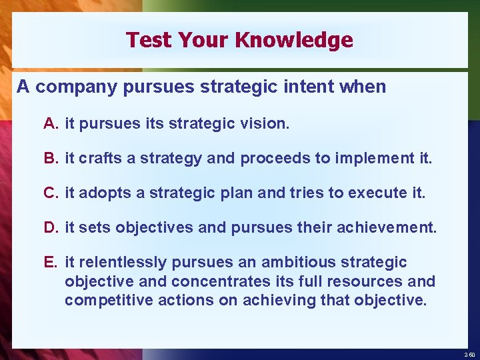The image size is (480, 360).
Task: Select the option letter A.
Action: [51, 123]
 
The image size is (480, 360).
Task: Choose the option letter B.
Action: [51, 158]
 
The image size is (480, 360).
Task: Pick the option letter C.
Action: [51, 193]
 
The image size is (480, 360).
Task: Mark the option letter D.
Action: [51, 227]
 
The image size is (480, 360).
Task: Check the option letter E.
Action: [51, 262]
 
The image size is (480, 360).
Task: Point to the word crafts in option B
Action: [97, 158]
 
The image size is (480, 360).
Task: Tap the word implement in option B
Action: [383, 158]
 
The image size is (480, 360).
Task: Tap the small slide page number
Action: [469, 355]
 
